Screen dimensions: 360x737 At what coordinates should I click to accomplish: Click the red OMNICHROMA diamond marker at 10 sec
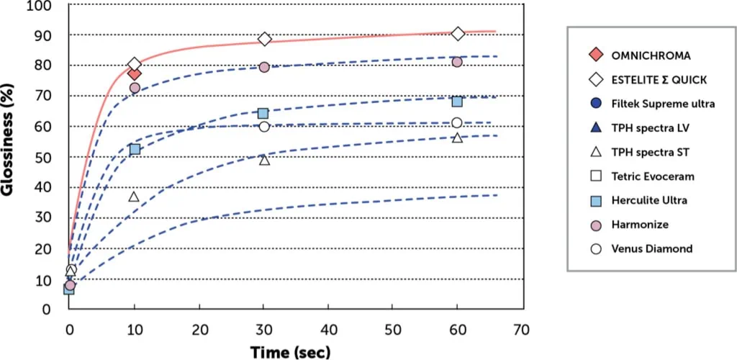point(134,73)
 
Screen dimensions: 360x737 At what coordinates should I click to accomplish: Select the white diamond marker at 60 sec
point(458,34)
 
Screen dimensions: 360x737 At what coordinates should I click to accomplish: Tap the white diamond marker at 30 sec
point(264,39)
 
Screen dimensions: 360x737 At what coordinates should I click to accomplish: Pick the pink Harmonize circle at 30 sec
point(264,67)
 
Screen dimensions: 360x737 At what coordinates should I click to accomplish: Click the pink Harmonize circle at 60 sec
point(457,62)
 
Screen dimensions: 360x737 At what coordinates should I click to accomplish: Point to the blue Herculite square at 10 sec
point(135,149)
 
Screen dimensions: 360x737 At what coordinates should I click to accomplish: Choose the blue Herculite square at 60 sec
point(457,101)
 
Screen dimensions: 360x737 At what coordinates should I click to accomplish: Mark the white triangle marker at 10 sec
point(134,197)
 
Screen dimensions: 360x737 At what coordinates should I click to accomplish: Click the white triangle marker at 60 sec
point(457,137)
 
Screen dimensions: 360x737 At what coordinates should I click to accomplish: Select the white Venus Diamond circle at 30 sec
point(264,127)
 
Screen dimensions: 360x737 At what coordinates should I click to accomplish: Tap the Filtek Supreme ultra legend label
point(663,104)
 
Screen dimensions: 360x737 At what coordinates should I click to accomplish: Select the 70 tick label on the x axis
point(523,330)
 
